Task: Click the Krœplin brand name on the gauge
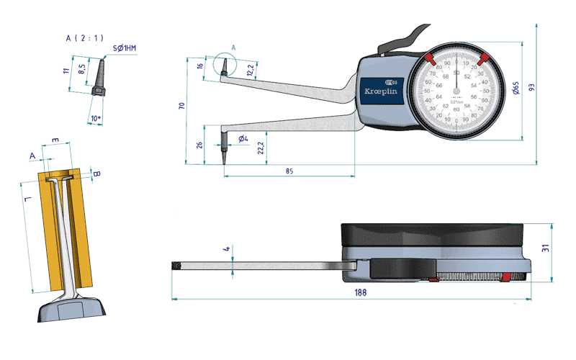click(382, 94)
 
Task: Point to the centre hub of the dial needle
click(456, 92)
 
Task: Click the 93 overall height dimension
click(532, 87)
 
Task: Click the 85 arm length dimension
click(289, 171)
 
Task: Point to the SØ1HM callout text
click(125, 48)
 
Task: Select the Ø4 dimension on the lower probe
click(243, 137)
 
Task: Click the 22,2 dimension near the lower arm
click(259, 148)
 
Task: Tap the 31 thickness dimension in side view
click(546, 249)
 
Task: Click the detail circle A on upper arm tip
click(225, 65)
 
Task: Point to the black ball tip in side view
click(176, 266)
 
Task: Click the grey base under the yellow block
click(71, 309)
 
